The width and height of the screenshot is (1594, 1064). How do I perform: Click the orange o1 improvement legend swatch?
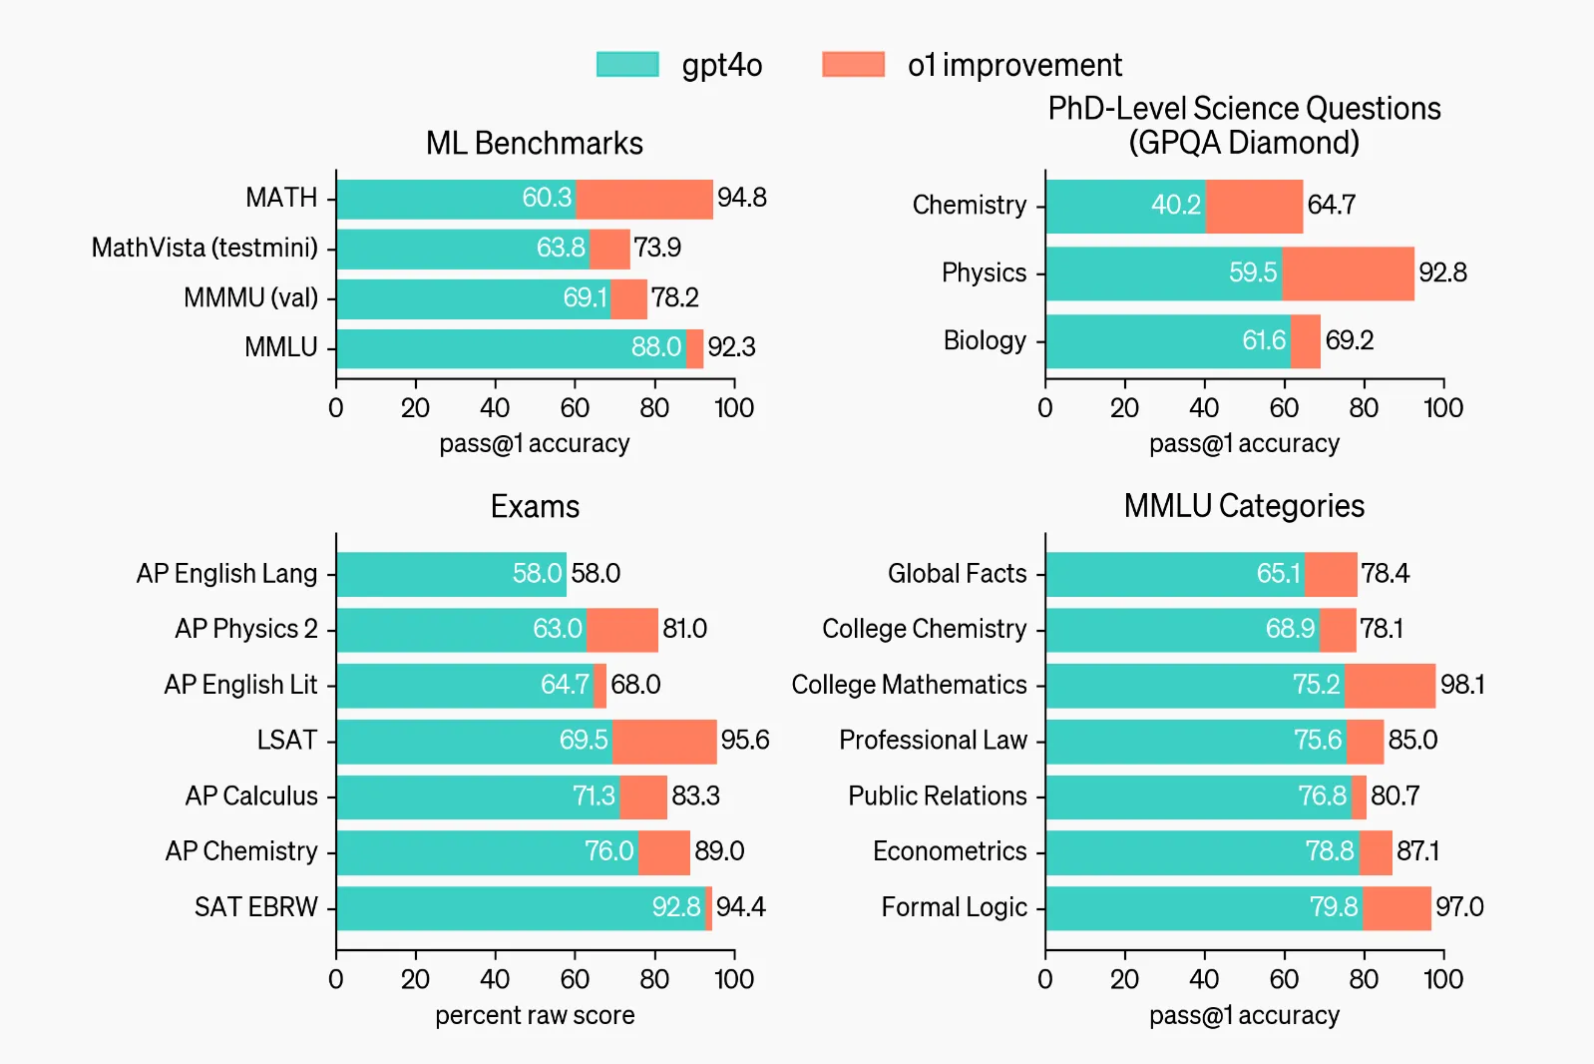tap(853, 65)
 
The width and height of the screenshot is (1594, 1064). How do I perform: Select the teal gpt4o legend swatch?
tap(627, 65)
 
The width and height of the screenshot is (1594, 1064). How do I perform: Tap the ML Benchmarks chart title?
tap(534, 144)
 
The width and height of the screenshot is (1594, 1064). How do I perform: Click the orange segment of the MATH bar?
tap(643, 199)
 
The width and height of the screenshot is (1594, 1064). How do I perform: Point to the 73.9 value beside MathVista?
tap(657, 248)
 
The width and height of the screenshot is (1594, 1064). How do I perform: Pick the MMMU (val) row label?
tap(250, 297)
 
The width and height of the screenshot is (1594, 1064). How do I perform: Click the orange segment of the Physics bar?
tap(1347, 273)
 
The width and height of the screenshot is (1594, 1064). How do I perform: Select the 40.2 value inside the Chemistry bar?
tap(1175, 206)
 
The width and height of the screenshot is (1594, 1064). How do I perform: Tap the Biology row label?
tap(984, 341)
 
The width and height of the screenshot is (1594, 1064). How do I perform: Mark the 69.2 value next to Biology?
tap(1349, 341)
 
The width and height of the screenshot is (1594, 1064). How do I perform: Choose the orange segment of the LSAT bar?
tap(663, 741)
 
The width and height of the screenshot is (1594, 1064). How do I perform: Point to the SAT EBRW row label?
tap(255, 907)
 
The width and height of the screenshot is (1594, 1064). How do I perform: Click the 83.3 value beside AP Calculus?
tap(695, 797)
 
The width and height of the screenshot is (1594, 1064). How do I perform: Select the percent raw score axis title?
tap(535, 1016)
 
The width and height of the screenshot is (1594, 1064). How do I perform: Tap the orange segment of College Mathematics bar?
tap(1389, 686)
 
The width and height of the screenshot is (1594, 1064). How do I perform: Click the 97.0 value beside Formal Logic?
tap(1459, 907)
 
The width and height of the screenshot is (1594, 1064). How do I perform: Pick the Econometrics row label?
tap(949, 851)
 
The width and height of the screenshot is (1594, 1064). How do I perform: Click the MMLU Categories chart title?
tap(1244, 506)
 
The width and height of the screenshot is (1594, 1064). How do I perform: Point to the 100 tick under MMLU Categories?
tap(1442, 979)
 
